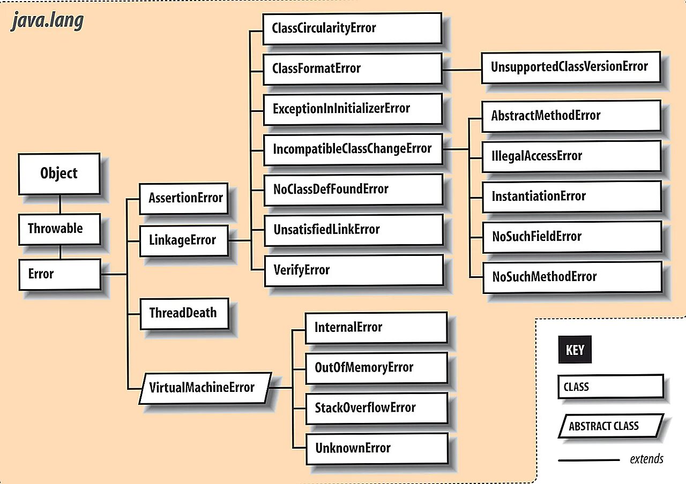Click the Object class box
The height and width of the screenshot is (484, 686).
pos(59,173)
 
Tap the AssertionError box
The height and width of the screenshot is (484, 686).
pos(183,198)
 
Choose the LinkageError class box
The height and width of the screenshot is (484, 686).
pos(183,240)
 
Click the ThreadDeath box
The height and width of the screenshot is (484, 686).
pos(184,313)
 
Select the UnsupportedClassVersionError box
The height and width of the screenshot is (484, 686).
pos(570,67)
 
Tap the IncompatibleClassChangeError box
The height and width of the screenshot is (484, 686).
pos(352,149)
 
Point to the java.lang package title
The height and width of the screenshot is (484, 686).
pos(47,21)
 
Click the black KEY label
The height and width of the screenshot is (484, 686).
pos(575,351)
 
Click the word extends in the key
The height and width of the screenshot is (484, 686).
pos(646,459)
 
